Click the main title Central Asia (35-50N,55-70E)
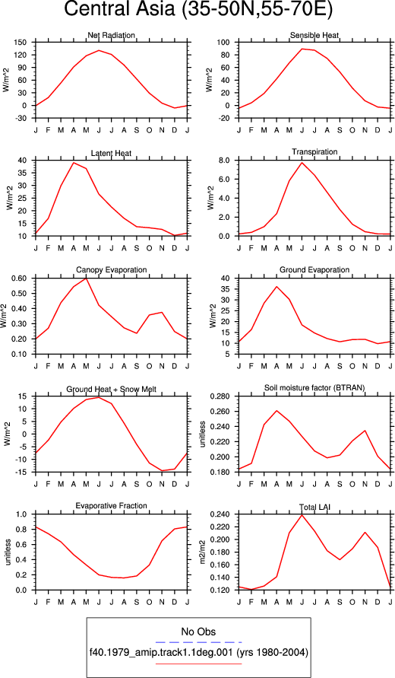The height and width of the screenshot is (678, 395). click(x=198, y=11)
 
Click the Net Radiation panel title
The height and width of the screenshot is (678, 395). click(x=112, y=35)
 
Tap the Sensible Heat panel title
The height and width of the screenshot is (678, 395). click(x=314, y=35)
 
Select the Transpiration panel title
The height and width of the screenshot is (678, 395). click(x=314, y=151)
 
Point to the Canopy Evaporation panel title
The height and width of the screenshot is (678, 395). click(x=112, y=270)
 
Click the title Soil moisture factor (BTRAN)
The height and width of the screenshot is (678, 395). click(x=314, y=388)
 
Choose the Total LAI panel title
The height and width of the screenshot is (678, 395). click(x=314, y=506)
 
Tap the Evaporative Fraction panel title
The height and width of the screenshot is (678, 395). click(x=112, y=505)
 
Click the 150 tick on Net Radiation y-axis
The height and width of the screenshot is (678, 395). click(x=21, y=43)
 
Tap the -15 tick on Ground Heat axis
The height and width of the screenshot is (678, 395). click(x=22, y=472)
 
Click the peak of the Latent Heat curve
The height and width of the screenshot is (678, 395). click(x=74, y=163)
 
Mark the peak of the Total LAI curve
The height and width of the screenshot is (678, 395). click(x=302, y=514)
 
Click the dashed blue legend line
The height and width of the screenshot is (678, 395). click(x=198, y=642)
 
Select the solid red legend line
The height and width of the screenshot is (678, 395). click(x=198, y=664)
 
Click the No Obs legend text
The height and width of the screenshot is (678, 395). click(x=198, y=632)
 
